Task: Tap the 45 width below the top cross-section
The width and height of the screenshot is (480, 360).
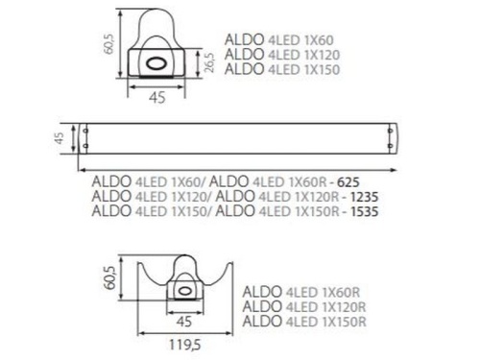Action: [x=158, y=95]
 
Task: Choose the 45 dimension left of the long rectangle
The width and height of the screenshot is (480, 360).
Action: [x=59, y=138]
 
